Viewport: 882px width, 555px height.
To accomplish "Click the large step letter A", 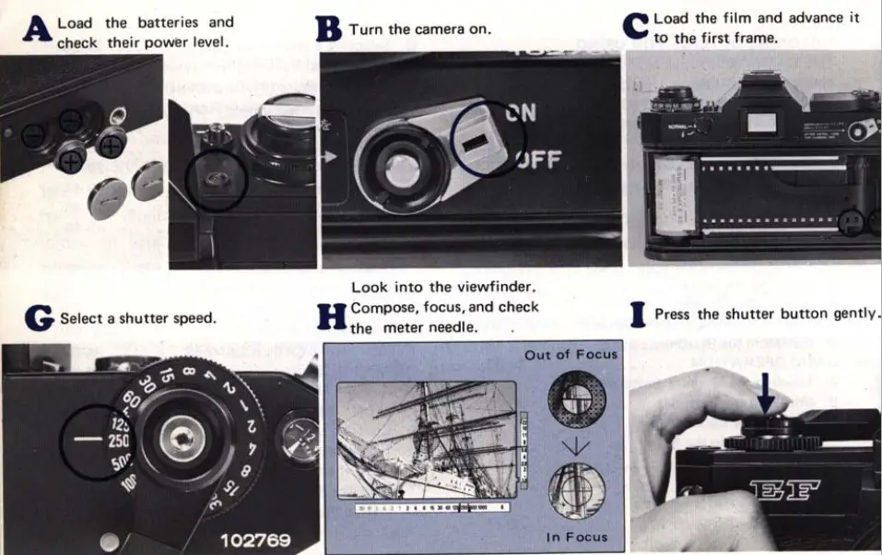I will [36, 30].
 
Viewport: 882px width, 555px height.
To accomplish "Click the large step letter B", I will [329, 30].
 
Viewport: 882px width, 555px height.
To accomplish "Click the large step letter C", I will [636, 26].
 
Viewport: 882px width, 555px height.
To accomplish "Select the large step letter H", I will [331, 317].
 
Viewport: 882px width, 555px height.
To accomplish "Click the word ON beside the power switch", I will [521, 113].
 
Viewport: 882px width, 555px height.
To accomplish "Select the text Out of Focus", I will [570, 355].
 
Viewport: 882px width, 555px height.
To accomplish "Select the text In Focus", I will [577, 537].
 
